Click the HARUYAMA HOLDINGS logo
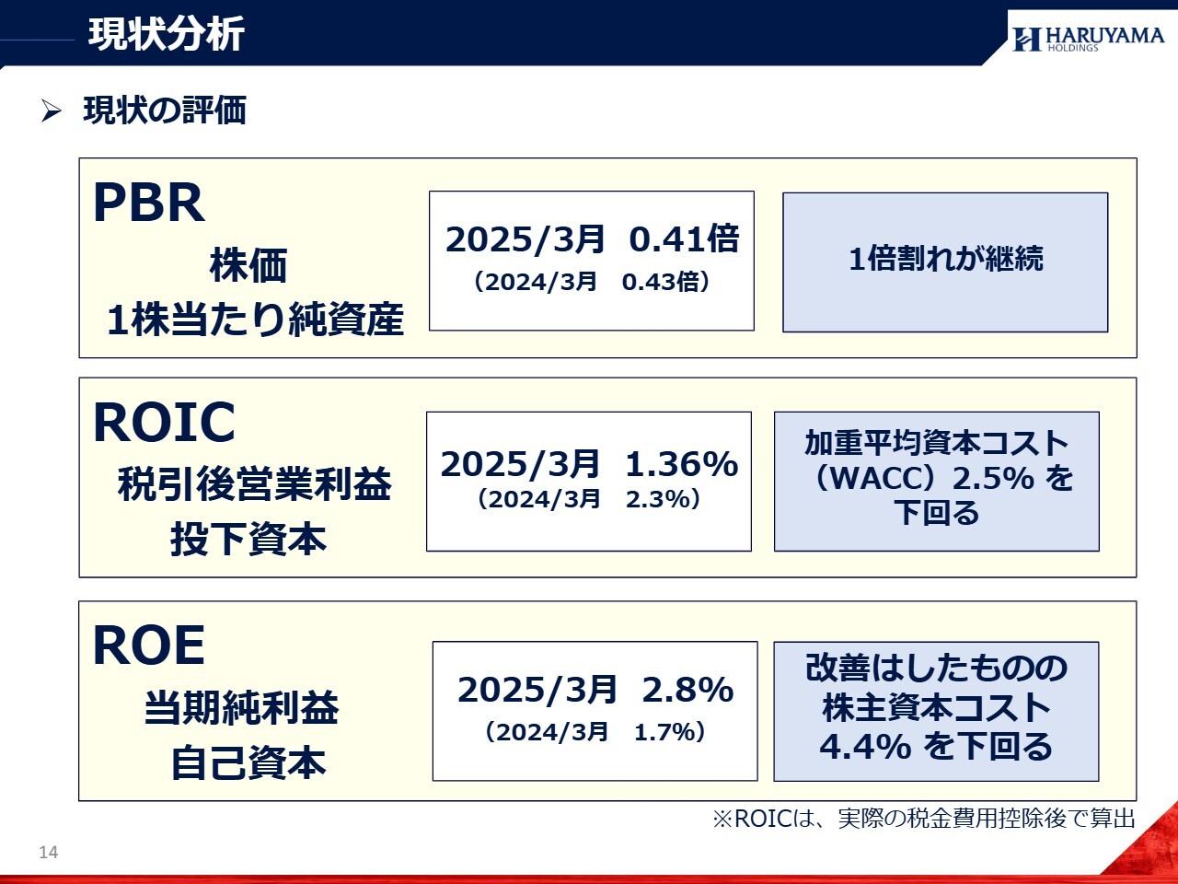pyautogui.click(x=1089, y=39)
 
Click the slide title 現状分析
pyautogui.click(x=167, y=34)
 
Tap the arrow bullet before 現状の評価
pyautogui.click(x=51, y=111)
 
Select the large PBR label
pyautogui.click(x=149, y=203)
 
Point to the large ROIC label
pyautogui.click(x=164, y=422)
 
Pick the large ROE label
pyautogui.click(x=149, y=645)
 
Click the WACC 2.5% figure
pyautogui.click(x=993, y=478)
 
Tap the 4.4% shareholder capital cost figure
pyautogui.click(x=865, y=746)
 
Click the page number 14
pyautogui.click(x=48, y=853)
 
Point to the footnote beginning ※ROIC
pyautogui.click(x=924, y=819)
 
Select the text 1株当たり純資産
pyautogui.click(x=256, y=319)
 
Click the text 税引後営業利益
pyautogui.click(x=254, y=483)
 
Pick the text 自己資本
pyautogui.click(x=248, y=762)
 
